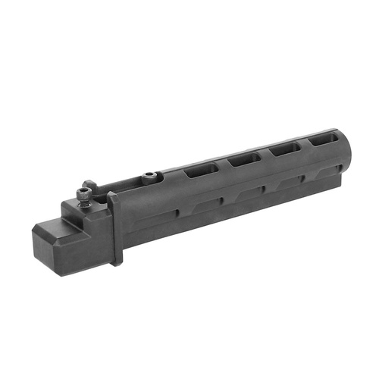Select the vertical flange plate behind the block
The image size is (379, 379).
click(114, 227)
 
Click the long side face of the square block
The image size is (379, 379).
click(83, 243)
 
